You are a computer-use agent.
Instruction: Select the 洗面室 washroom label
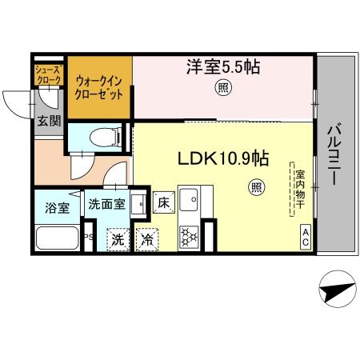(106, 204)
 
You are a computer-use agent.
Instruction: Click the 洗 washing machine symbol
(118, 238)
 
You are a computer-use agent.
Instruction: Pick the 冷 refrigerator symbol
(147, 238)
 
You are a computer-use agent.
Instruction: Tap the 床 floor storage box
(162, 203)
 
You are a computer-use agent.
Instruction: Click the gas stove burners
(189, 236)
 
